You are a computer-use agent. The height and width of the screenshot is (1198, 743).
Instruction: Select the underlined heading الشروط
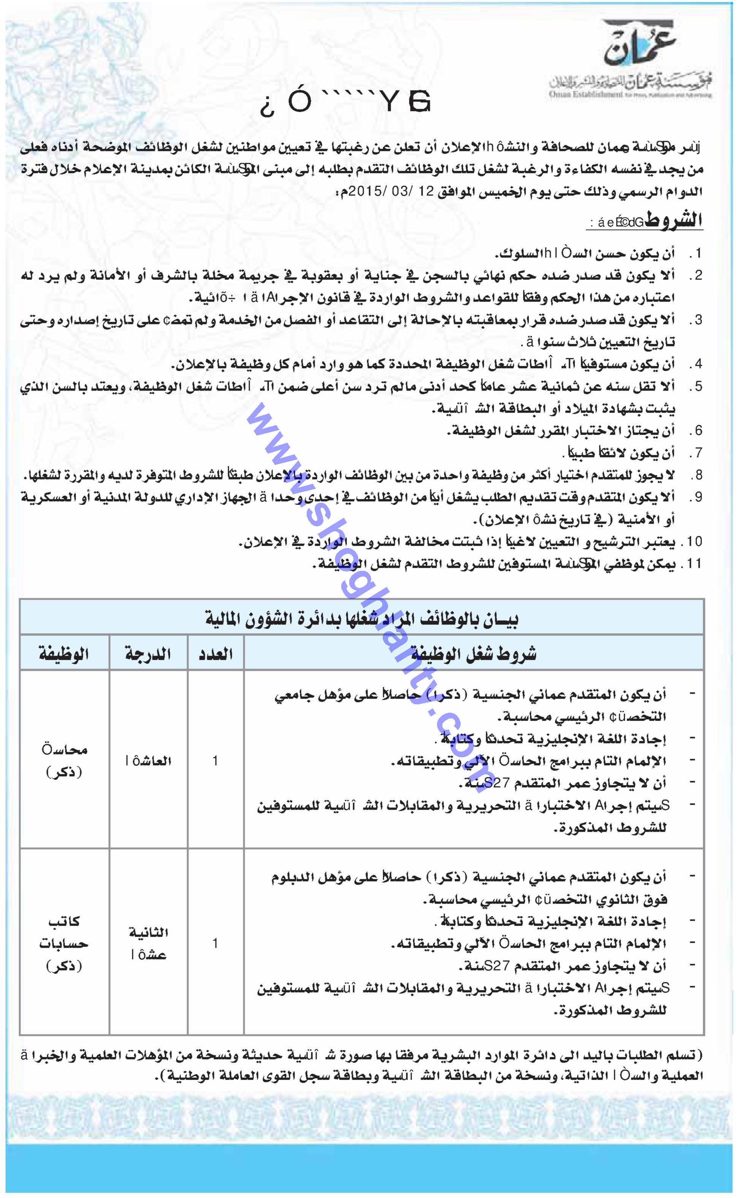click(673, 221)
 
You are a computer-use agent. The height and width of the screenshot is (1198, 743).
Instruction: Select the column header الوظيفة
click(64, 654)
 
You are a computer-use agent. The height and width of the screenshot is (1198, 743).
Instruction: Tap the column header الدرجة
click(148, 654)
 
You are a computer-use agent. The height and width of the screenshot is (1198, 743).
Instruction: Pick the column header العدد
click(215, 654)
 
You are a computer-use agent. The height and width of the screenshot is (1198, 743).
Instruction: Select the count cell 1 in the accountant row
click(215, 761)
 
